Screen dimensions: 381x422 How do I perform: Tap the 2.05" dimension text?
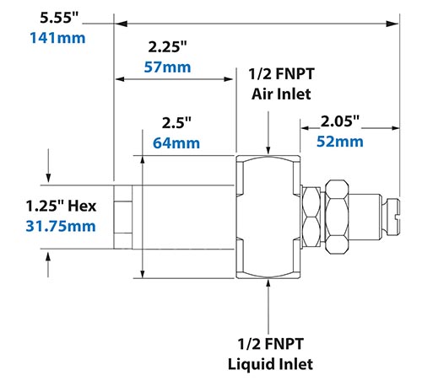click(340, 122)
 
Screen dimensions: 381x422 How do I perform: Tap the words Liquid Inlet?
click(270, 364)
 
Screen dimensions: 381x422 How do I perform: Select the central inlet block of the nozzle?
click(268, 217)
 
